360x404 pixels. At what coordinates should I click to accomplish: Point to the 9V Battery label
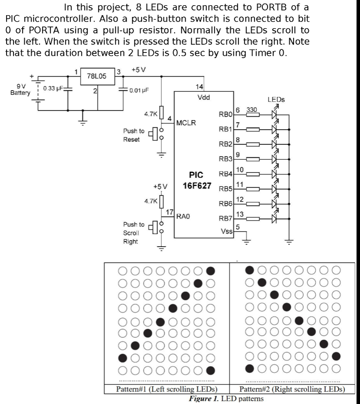(20, 90)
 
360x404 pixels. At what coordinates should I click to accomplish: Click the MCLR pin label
(186, 123)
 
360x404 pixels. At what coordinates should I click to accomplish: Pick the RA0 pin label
(183, 215)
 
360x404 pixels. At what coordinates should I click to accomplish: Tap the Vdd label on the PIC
(203, 97)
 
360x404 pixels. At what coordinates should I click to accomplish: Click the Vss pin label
(227, 231)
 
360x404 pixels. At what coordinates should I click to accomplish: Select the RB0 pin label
(226, 115)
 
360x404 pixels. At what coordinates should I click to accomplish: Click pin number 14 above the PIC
(200, 87)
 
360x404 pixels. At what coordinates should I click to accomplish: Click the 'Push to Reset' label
(134, 135)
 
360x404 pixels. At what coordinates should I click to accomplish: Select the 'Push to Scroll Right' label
(134, 233)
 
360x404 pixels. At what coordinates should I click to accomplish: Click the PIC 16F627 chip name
(196, 180)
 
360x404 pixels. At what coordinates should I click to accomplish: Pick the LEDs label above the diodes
(276, 99)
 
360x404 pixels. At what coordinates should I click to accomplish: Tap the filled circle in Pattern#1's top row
(210, 271)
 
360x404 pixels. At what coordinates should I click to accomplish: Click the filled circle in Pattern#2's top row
(250, 270)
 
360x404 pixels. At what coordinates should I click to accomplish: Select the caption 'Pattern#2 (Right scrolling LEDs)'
(292, 389)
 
